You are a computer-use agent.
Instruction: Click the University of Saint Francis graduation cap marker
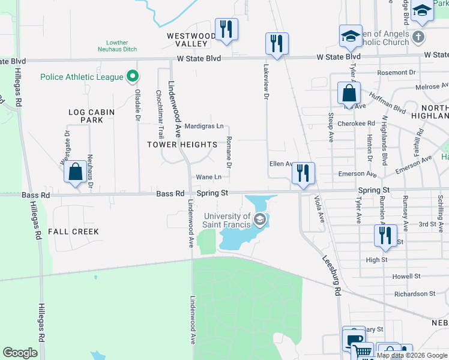coord(259,220)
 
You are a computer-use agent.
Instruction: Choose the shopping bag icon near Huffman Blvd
coord(349,94)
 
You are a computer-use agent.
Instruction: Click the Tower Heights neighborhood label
coord(182,145)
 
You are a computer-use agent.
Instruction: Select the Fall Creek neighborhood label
coord(73,231)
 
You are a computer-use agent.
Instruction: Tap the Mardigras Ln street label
coord(204,127)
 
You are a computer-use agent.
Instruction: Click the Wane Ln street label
coord(209,177)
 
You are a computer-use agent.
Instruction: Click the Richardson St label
coord(415,294)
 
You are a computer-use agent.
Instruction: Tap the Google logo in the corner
coord(20,353)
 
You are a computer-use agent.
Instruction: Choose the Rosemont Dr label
coord(396,73)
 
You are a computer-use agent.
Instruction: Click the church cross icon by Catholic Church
coord(419,37)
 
